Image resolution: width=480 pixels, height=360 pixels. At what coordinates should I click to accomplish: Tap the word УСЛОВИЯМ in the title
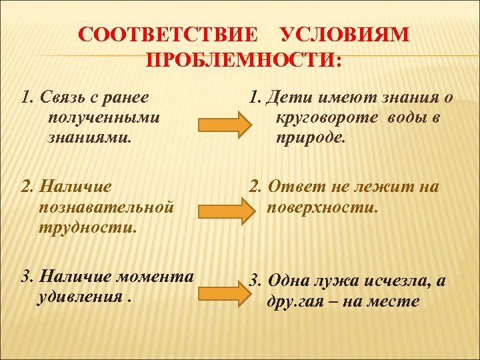[345, 35]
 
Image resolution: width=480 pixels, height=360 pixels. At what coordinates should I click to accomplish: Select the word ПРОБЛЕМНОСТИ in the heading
[243, 61]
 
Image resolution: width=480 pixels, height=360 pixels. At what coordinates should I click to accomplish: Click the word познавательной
[107, 207]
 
